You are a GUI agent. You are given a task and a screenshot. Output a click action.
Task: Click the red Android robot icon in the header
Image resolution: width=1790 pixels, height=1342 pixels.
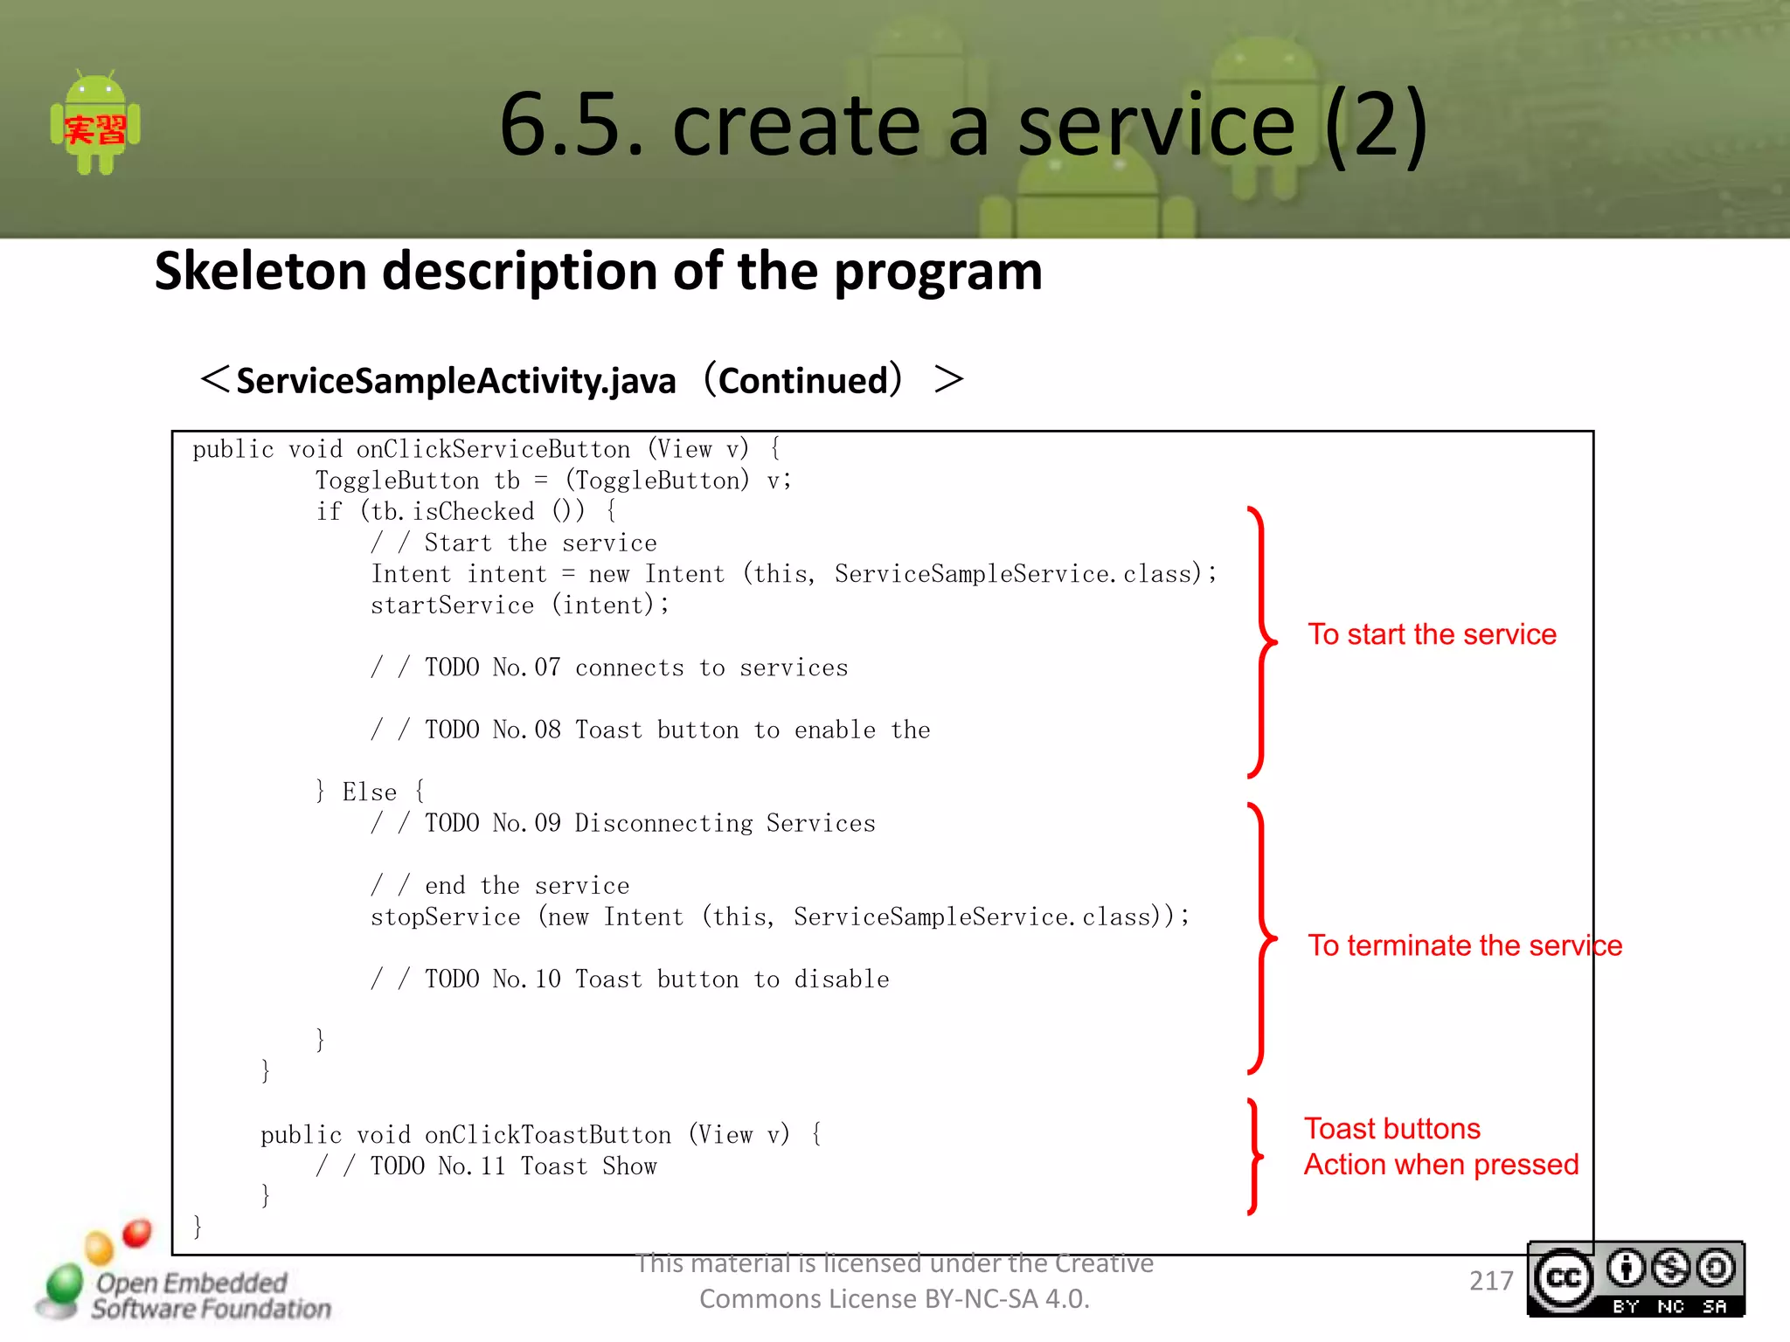[95, 125]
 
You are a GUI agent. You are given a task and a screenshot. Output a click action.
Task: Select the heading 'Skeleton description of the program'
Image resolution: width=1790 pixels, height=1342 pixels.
[598, 271]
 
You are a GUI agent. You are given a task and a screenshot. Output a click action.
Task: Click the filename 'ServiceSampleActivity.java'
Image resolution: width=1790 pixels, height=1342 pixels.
[456, 381]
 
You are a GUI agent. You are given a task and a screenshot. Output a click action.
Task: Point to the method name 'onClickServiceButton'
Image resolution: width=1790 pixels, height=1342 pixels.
[493, 449]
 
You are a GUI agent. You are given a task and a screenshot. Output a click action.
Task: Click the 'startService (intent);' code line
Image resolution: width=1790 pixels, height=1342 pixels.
[520, 605]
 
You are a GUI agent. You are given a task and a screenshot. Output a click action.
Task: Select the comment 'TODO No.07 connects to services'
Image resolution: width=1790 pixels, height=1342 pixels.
[635, 668]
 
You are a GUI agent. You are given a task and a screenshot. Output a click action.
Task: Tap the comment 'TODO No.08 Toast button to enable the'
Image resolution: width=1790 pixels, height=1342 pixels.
[676, 730]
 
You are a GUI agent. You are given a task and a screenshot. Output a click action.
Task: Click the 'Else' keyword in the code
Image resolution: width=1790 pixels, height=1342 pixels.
[369, 792]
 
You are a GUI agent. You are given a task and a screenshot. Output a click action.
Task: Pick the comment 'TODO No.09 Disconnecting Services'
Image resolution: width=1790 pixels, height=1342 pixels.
[649, 823]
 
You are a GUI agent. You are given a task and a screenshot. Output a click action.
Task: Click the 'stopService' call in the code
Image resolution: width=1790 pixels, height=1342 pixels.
[445, 917]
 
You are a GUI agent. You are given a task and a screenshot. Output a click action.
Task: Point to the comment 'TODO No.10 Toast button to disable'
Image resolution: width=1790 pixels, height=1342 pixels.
[656, 979]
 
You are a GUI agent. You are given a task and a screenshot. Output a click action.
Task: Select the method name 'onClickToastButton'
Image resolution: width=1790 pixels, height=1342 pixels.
[548, 1134]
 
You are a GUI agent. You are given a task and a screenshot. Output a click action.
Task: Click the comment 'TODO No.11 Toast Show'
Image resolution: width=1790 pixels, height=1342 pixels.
[513, 1166]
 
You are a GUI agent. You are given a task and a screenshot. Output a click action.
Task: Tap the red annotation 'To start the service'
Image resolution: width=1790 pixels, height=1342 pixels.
[1432, 634]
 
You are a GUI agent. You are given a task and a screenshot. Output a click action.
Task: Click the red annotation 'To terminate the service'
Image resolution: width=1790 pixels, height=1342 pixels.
[1465, 945]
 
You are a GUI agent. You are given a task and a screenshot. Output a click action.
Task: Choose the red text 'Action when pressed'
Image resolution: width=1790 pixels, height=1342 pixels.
[1441, 1165]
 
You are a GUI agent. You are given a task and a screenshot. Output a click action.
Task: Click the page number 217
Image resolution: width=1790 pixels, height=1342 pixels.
[1491, 1281]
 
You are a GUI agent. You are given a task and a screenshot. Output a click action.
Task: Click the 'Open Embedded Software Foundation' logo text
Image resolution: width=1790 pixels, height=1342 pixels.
[211, 1296]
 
